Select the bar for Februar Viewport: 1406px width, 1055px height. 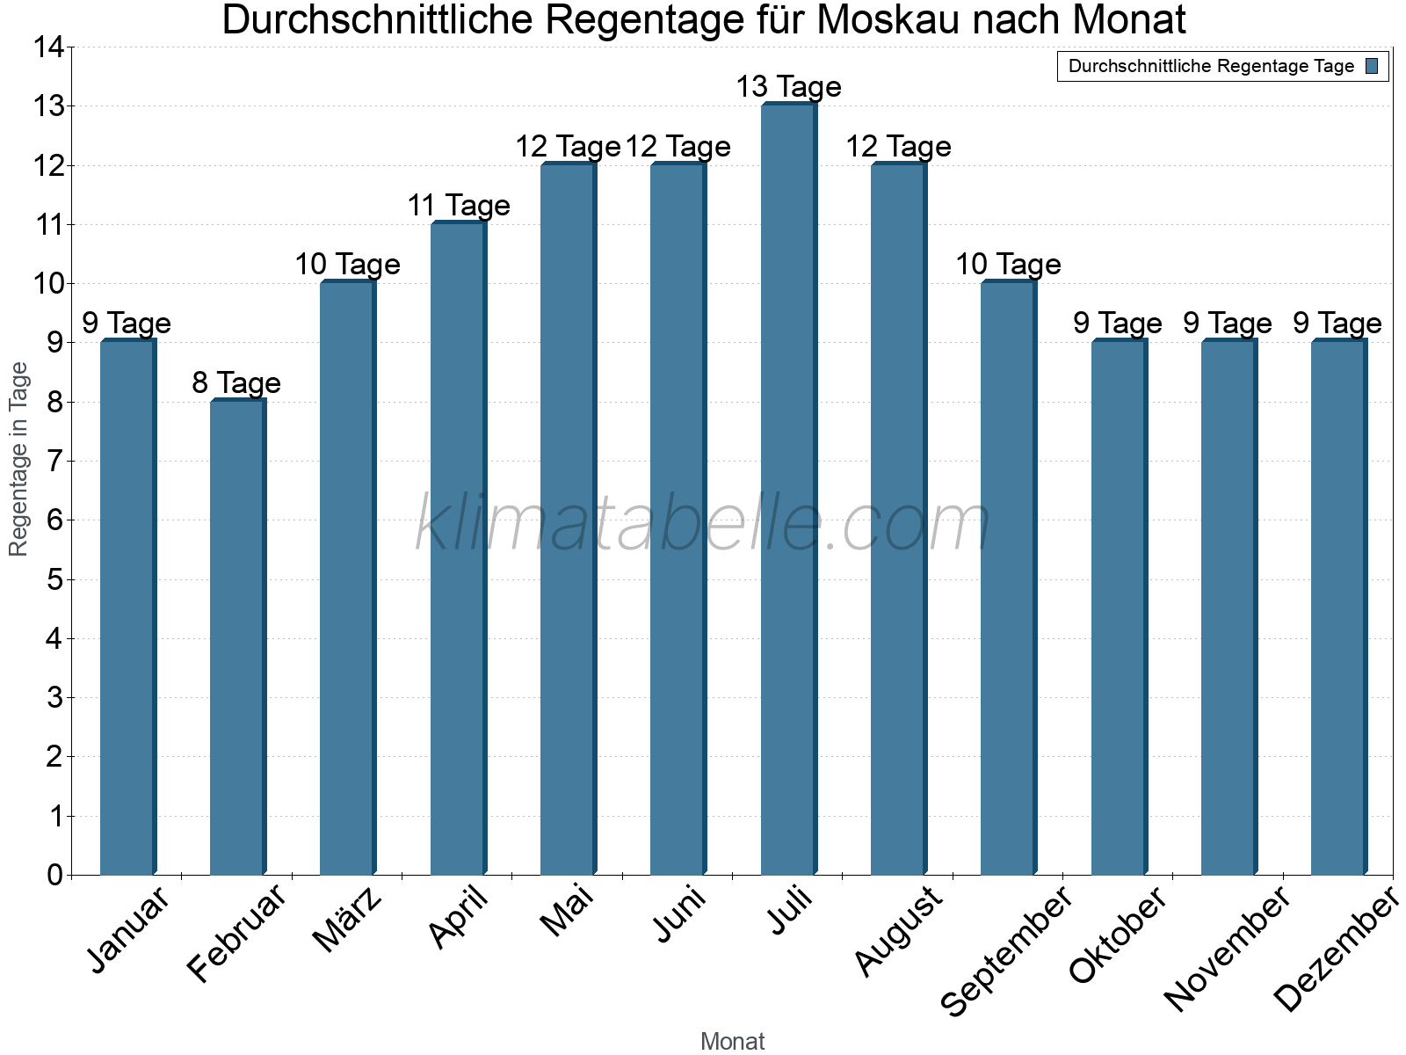[x=237, y=637]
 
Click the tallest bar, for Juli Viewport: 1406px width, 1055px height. [x=788, y=489]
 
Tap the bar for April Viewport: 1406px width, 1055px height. [x=458, y=549]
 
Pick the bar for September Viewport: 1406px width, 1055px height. [x=1008, y=578]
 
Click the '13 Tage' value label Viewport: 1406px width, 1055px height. [x=788, y=87]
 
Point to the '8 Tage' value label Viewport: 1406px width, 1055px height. [x=236, y=383]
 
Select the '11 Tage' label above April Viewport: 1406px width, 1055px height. [x=458, y=206]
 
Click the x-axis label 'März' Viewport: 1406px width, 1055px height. [x=348, y=919]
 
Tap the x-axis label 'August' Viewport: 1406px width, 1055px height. [x=898, y=930]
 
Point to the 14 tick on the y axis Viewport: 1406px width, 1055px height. [x=49, y=47]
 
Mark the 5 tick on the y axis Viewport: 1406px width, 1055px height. [x=55, y=579]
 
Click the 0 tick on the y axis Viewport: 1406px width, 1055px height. [x=55, y=875]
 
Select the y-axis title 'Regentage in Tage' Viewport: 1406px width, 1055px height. [x=18, y=460]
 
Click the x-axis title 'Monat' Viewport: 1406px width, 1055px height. [x=732, y=1042]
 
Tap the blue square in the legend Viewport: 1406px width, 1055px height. [x=1372, y=66]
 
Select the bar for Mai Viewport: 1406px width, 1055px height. [x=568, y=519]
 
